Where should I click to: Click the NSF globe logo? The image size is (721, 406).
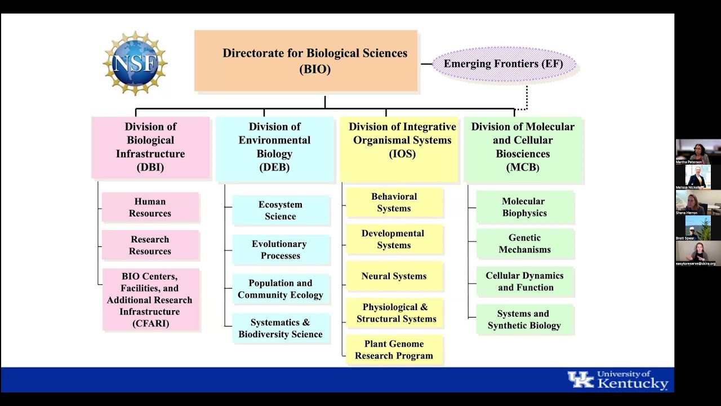135,63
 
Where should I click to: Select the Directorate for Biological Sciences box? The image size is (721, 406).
306,61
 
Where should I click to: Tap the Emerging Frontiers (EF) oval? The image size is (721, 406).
504,64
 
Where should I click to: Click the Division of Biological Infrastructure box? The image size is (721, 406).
150,147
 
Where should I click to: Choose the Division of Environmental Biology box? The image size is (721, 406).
275,148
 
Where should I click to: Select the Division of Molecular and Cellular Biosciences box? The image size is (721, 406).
523,148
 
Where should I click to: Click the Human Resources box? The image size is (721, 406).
150,208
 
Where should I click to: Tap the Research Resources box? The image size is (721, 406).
150,245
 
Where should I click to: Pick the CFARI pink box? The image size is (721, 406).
150,299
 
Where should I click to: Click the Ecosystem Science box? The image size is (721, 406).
281,210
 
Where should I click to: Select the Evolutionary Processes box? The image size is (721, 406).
281,250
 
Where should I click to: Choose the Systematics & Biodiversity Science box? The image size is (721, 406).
281,328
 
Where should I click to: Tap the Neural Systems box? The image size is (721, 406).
394,276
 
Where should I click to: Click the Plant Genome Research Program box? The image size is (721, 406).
394,350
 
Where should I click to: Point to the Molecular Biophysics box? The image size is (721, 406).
524,207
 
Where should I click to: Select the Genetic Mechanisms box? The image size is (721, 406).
524,244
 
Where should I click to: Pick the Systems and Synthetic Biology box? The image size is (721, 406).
524,320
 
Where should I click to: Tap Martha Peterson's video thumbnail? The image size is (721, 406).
698,152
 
